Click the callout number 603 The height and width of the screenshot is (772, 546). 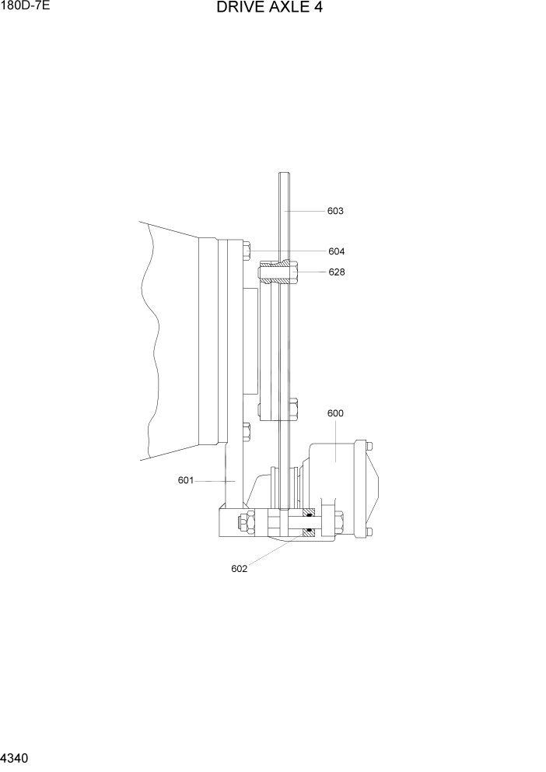[335, 211]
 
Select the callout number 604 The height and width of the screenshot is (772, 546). [336, 251]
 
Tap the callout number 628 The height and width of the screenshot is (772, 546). [336, 272]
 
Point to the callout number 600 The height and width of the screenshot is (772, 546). [335, 413]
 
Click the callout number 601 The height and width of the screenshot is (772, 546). [185, 480]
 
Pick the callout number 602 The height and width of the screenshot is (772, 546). [239, 568]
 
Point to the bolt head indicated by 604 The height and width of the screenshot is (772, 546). [247, 251]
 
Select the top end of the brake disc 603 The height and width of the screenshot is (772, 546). [285, 176]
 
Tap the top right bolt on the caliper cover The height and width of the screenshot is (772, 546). [369, 446]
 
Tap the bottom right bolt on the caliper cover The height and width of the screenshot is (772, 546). [369, 532]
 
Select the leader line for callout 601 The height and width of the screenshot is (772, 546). [214, 481]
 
